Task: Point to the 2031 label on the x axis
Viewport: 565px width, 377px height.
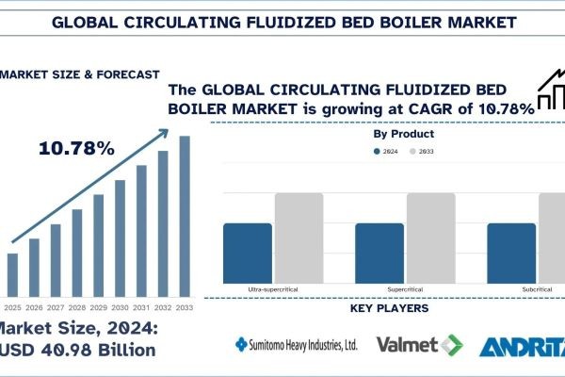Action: pos(141,307)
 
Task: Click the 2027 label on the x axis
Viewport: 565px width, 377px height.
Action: pos(56,307)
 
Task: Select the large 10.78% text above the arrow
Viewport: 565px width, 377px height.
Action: pos(77,149)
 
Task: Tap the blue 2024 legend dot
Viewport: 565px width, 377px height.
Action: pos(378,151)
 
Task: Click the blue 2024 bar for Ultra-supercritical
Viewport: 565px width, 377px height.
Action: pos(248,252)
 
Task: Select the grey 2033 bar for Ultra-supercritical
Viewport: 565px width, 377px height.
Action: pos(299,237)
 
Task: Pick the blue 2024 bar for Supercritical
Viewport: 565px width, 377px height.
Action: pos(379,252)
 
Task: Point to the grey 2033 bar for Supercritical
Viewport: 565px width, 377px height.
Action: pos(429,237)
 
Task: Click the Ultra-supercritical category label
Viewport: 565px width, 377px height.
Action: pos(272,289)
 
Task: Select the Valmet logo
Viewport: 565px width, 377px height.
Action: pos(420,345)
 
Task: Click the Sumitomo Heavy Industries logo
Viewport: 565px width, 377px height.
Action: pos(296,345)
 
